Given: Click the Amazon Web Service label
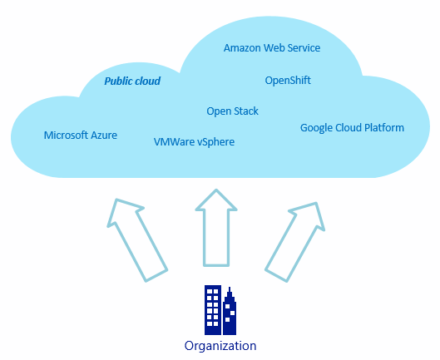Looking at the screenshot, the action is (x=272, y=48).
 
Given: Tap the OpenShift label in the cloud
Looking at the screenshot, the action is (x=288, y=81).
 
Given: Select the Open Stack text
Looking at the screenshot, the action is (x=232, y=111).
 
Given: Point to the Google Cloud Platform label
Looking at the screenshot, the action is (x=352, y=128).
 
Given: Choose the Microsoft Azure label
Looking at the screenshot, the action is (x=81, y=136).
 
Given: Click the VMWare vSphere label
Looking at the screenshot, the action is (x=194, y=142).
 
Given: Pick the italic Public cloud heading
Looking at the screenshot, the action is (x=132, y=81).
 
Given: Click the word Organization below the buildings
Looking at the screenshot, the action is (x=220, y=346).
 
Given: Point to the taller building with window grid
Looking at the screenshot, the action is (x=213, y=310).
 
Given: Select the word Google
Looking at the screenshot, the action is (x=316, y=128).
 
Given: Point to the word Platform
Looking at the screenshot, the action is (x=384, y=128).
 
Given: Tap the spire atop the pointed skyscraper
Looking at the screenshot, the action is (x=230, y=289).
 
